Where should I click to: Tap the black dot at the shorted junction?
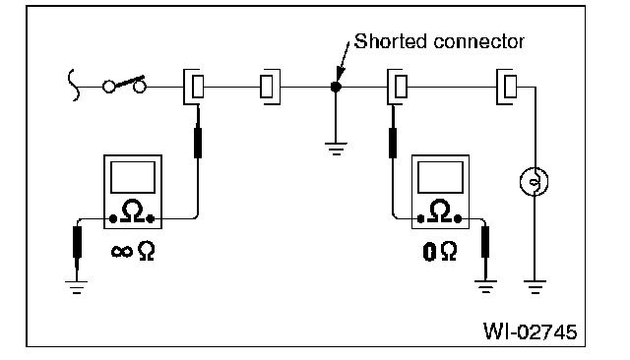336,87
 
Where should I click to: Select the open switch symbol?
124,84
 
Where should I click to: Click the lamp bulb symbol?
534,181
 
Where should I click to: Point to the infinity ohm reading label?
133,251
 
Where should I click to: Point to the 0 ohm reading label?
440,251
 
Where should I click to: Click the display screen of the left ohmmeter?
133,177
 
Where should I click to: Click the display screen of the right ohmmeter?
440,177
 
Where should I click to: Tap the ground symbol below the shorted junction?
336,149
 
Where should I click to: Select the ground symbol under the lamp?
535,287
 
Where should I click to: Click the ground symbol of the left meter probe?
77,287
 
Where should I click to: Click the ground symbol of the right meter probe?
485,287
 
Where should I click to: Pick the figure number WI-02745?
530,331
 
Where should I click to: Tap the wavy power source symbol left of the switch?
73,85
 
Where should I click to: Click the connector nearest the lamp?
506,87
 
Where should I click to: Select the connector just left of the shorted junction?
270,87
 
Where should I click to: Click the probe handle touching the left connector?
198,143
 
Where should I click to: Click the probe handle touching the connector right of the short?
393,143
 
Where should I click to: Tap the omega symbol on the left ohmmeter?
133,211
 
